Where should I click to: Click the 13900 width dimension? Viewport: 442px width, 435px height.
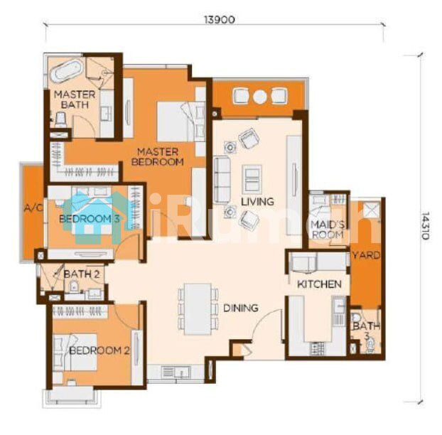220,20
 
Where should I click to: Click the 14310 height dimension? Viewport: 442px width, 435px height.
425,225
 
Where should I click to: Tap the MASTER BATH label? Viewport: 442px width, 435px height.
75,100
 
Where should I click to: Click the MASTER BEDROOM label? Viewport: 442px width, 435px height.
158,157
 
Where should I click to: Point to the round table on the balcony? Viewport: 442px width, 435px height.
259,97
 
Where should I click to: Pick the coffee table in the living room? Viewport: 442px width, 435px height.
252,180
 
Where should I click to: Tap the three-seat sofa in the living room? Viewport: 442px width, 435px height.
222,179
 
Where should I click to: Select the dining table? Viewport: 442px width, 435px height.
198,309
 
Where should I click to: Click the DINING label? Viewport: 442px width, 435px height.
241,308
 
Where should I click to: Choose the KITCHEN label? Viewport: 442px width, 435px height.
319,284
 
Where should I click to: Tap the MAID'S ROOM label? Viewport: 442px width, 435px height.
328,230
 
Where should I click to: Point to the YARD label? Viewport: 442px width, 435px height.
367,255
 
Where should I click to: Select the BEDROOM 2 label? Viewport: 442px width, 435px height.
99,350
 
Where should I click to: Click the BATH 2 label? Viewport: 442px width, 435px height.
82,274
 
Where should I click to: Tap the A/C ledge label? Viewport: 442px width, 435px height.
33,208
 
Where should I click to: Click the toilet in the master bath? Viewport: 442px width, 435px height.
60,119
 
